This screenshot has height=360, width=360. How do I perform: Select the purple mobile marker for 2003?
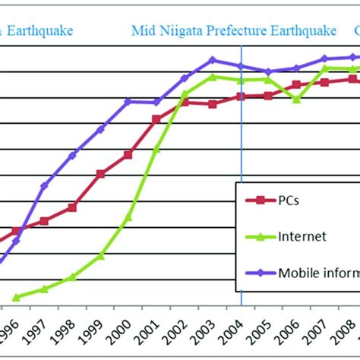[213, 59]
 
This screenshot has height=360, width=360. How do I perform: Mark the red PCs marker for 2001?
[156, 119]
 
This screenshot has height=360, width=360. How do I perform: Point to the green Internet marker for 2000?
[128, 217]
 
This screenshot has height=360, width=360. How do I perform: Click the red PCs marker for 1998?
[72, 207]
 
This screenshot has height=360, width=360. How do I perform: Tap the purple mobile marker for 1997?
[44, 185]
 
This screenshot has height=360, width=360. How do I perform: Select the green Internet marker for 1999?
[100, 256]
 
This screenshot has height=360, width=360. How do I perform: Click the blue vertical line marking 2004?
[241, 190]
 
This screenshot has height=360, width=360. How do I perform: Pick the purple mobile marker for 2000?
[128, 101]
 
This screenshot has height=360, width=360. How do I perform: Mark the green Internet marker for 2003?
[213, 76]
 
